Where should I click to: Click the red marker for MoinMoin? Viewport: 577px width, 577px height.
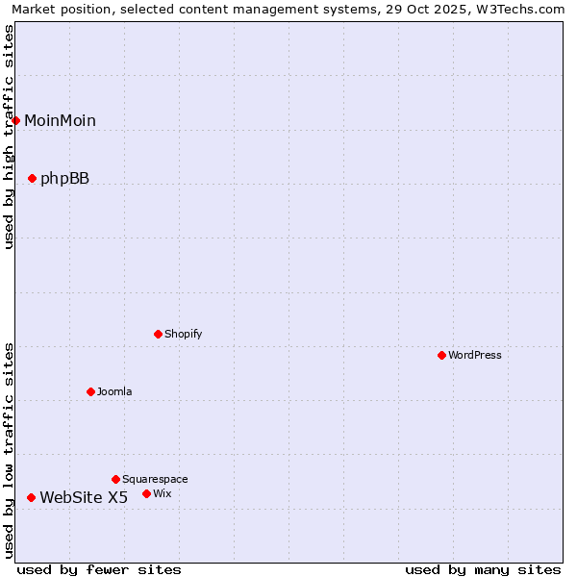coord(16,120)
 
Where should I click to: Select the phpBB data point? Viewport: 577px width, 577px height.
coord(33,178)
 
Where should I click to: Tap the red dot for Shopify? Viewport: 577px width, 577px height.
coord(159,334)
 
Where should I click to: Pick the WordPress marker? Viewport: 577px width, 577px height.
coord(442,355)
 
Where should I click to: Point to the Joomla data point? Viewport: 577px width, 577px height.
coord(91,391)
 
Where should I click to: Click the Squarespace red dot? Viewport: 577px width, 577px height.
coord(116,479)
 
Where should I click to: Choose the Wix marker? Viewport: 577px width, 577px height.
coord(147,493)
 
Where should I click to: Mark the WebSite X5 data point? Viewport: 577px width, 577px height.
coord(32,497)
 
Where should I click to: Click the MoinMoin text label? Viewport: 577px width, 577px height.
coord(60,120)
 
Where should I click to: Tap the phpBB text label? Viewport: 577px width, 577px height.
coord(64,178)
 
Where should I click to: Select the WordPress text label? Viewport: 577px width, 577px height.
coord(475,355)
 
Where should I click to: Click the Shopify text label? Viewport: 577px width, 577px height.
coord(184,334)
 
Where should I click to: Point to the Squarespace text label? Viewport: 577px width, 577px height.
coord(155,479)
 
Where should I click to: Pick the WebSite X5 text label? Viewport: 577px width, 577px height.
coord(84,497)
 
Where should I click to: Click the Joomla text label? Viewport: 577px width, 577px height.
coord(114,391)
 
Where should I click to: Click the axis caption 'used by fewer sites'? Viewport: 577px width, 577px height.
coord(99,569)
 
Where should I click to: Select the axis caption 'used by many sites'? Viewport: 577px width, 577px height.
coord(483,569)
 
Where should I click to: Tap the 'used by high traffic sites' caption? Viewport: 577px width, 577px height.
coord(10,137)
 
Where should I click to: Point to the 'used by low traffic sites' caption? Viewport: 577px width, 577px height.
coord(10,449)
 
